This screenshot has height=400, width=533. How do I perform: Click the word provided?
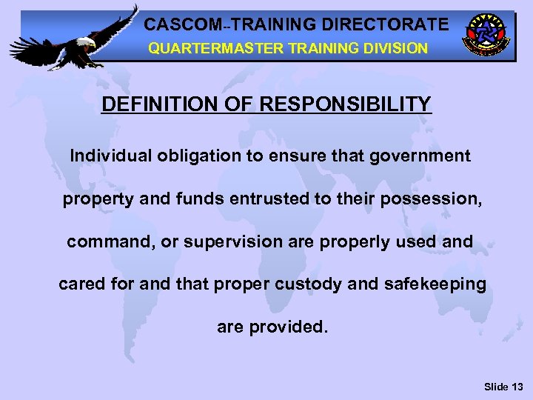(290, 327)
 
